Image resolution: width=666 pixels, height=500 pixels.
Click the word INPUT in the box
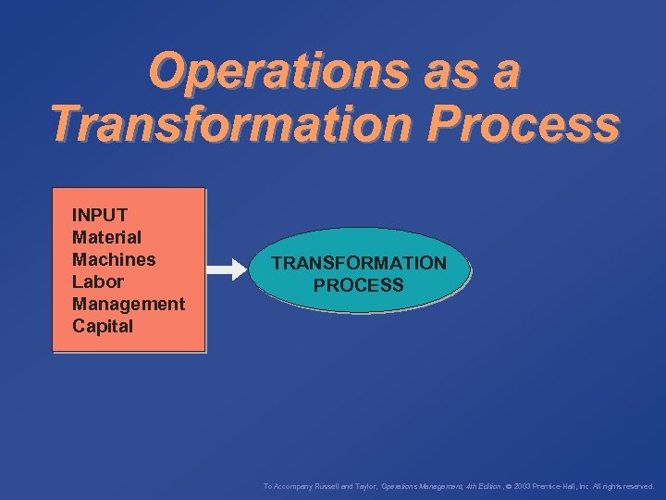click(x=100, y=215)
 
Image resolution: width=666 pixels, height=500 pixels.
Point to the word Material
click(x=106, y=237)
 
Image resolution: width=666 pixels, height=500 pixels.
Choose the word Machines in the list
click(x=114, y=259)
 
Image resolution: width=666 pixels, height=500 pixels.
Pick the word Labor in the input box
click(x=97, y=281)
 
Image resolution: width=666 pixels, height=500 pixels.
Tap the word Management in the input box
click(x=129, y=304)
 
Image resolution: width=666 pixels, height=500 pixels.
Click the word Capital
click(x=103, y=326)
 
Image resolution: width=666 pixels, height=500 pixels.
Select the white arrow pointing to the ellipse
click(x=225, y=270)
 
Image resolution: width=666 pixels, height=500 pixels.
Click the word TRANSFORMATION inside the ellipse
click(x=359, y=263)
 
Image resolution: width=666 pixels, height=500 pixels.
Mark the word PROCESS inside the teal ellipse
click(x=359, y=285)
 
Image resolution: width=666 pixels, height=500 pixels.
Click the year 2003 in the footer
click(x=519, y=485)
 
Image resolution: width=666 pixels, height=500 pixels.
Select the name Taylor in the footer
click(x=364, y=485)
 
